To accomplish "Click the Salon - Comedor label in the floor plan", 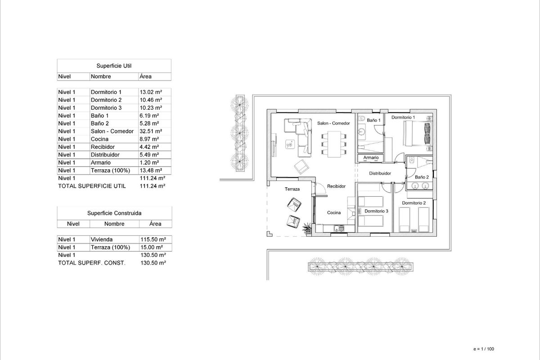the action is click(x=333, y=123).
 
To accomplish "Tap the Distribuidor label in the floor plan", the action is click(x=380, y=173).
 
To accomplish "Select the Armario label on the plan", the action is click(x=371, y=157).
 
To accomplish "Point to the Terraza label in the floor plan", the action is click(x=292, y=189).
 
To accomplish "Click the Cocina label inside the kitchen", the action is click(x=334, y=213).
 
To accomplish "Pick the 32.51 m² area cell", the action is click(x=151, y=131).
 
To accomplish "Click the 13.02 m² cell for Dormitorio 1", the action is click(x=151, y=92).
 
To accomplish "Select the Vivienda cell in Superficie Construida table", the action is click(x=102, y=239).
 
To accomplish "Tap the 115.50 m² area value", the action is click(x=153, y=239).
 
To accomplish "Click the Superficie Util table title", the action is click(x=114, y=66).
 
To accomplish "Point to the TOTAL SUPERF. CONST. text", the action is click(x=92, y=263).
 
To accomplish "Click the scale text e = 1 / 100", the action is click(x=484, y=349).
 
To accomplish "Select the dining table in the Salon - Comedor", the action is click(x=334, y=144).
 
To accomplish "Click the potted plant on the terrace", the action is click(x=307, y=228).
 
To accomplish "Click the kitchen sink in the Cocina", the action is click(x=339, y=228).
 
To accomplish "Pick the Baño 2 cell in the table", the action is click(x=100, y=123).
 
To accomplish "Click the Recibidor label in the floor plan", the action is click(x=336, y=186).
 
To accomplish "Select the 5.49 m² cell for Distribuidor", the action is click(x=149, y=155).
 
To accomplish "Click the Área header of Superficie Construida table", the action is click(x=155, y=224).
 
